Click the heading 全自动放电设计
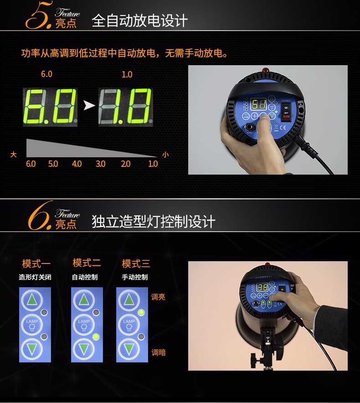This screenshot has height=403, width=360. pyautogui.click(x=139, y=21)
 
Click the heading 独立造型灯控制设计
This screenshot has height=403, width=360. pyautogui.click(x=153, y=222)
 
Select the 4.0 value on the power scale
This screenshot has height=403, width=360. pyautogui.click(x=77, y=164)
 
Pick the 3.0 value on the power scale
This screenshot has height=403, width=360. pyautogui.click(x=101, y=164)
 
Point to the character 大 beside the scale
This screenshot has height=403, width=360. pyautogui.click(x=14, y=155)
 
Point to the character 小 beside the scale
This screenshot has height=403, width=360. pyautogui.click(x=165, y=155)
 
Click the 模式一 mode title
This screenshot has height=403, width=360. pyautogui.click(x=36, y=263)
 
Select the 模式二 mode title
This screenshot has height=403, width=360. pyautogui.click(x=87, y=263)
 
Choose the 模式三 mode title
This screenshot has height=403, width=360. pyautogui.click(x=136, y=263)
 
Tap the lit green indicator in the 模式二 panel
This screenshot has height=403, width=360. pyautogui.click(x=96, y=337)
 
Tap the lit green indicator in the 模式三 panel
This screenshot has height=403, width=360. pyautogui.click(x=141, y=313)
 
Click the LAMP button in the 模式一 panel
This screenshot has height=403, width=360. pyautogui.click(x=32, y=324)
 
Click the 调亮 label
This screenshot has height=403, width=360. pyautogui.click(x=158, y=297)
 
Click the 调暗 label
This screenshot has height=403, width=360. pyautogui.click(x=158, y=352)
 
